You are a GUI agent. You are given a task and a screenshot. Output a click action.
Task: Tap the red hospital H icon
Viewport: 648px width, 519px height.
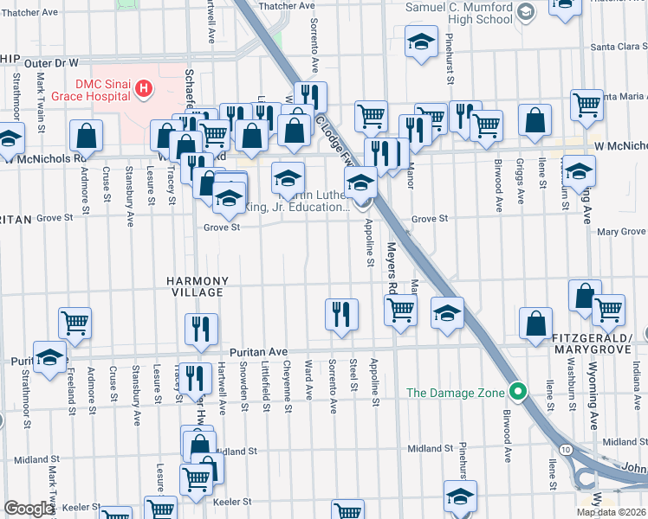145,88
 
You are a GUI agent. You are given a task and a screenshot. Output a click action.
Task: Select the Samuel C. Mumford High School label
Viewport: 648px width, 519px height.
459,13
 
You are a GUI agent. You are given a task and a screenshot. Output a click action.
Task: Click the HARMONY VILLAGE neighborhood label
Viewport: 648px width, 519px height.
198,287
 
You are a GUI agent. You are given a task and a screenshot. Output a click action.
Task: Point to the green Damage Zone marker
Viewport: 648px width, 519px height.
518,392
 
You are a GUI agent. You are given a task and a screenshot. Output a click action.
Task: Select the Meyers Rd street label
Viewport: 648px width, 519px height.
392,269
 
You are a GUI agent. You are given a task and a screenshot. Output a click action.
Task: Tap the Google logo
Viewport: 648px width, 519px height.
29,509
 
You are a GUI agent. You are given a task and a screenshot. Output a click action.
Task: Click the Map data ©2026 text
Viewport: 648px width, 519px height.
611,512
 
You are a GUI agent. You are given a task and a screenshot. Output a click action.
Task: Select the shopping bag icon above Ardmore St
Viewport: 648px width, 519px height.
87,136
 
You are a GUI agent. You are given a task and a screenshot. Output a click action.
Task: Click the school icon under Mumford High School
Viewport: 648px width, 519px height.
420,42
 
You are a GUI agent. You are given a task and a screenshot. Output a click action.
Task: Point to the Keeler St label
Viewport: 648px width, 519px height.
232,501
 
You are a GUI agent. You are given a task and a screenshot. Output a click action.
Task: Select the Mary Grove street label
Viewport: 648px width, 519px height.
621,232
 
